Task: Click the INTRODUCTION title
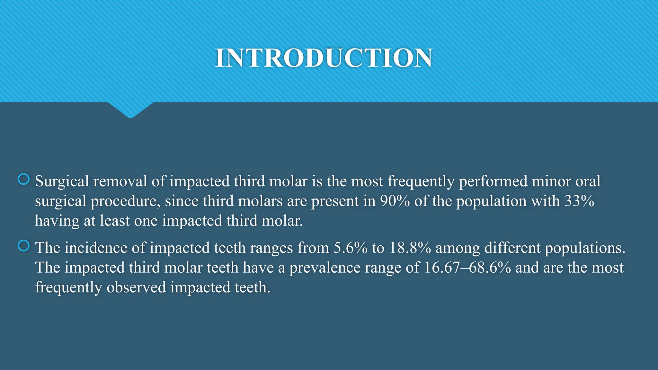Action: click(324, 58)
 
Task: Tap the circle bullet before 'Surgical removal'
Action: click(24, 179)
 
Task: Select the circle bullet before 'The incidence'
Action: click(24, 246)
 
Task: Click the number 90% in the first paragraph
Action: click(395, 201)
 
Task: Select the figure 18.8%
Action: click(410, 248)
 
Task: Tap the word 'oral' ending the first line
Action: click(588, 181)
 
